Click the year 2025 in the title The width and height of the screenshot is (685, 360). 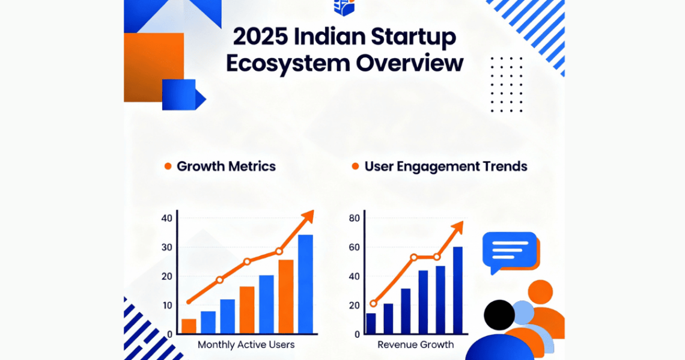coord(260,37)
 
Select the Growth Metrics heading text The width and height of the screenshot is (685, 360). coord(226,166)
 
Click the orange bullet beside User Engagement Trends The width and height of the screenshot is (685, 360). coord(355,166)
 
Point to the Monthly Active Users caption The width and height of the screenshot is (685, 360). coord(246,345)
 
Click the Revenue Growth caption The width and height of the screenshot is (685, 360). coord(415,345)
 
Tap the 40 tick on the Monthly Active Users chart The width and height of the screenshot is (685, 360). coord(167,218)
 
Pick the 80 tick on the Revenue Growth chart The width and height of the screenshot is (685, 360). coord(355,218)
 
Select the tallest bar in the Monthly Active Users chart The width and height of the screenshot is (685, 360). coord(305,284)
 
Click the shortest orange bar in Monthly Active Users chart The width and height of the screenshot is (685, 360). coord(189,326)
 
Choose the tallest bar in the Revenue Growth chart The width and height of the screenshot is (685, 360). coord(457,290)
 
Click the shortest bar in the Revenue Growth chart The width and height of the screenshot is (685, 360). coord(371,324)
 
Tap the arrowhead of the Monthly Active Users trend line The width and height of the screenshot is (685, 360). coord(308,216)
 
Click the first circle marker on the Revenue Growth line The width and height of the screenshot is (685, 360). coord(373,304)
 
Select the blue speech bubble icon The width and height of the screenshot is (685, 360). coord(510,251)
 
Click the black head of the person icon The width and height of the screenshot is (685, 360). coord(499,315)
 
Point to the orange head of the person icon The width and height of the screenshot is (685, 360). coord(540,292)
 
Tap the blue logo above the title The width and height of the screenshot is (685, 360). coord(344,7)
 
